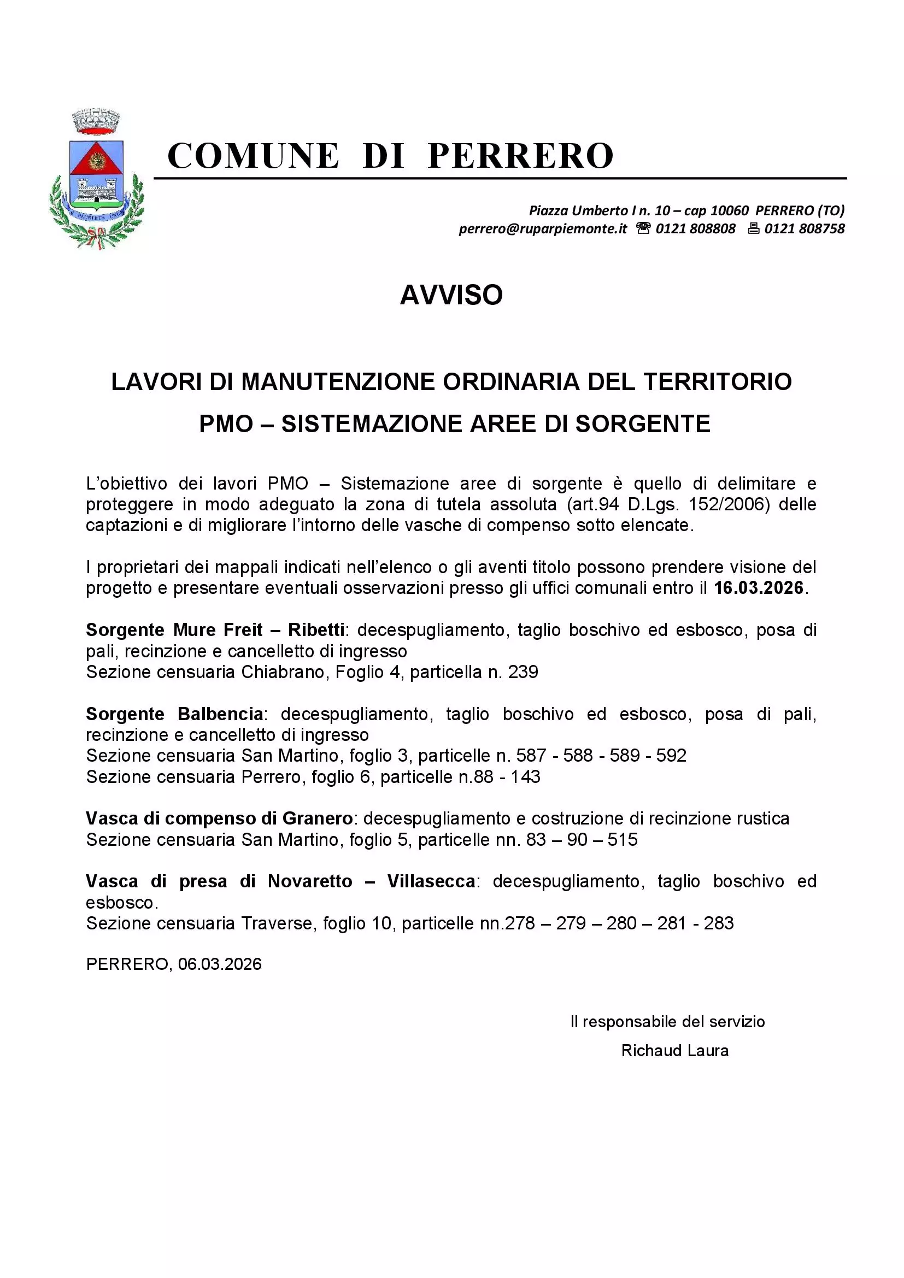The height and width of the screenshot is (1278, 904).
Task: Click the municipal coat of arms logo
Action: tap(97, 178)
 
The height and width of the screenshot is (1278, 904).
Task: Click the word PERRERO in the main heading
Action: tap(520, 155)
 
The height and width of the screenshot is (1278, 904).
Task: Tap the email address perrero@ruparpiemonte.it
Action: tap(543, 229)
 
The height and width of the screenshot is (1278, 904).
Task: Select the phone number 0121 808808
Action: tap(695, 229)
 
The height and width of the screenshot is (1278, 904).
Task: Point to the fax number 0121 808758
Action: tap(805, 229)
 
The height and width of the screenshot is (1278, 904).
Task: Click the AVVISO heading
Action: tap(451, 295)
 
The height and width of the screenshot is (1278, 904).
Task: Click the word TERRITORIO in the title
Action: tap(718, 382)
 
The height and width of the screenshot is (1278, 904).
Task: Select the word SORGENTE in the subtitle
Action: tap(642, 423)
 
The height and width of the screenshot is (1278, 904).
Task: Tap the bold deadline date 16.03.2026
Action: tap(759, 588)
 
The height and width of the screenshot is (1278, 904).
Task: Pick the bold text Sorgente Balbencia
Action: tap(174, 714)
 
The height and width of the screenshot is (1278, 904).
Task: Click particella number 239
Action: tap(523, 672)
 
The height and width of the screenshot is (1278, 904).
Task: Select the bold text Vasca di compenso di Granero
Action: tap(219, 818)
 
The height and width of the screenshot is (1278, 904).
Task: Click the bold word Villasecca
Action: tap(431, 881)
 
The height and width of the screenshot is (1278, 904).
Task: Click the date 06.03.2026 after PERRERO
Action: tap(220, 964)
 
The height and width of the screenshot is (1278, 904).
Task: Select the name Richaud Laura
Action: tap(674, 1050)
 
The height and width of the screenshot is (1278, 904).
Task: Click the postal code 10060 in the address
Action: tap(730, 210)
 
